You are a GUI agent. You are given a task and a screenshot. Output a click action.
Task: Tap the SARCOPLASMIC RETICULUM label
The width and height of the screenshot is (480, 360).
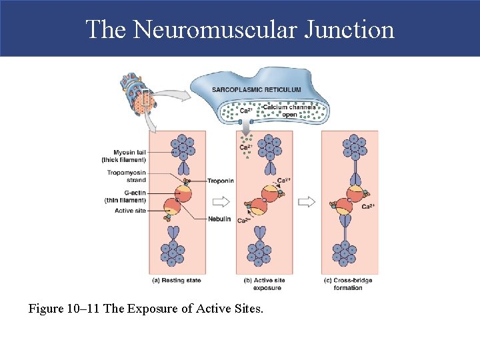256,89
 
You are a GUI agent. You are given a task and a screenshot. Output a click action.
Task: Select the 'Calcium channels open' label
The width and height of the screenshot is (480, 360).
289,111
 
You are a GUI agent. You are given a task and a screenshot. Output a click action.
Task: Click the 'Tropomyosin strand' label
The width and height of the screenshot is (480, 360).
126,176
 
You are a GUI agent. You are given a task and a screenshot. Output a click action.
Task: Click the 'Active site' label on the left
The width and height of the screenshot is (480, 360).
130,211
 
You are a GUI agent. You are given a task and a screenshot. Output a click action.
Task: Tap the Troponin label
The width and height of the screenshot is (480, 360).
219,181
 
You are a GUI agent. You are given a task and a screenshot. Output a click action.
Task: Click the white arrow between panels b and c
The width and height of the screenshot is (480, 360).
306,201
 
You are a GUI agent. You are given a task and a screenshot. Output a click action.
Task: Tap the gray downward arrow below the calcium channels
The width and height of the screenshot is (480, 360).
246,125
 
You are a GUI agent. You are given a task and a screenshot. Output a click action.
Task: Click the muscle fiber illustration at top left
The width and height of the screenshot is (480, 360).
139,95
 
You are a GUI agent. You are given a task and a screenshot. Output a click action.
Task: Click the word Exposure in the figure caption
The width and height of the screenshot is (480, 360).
177,309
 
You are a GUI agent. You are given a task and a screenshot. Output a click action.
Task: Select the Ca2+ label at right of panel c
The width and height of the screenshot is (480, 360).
368,207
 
